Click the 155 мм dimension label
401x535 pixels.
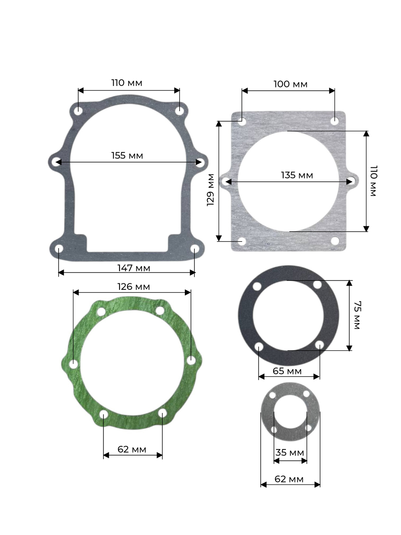(127, 156)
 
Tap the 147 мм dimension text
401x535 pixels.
(134, 268)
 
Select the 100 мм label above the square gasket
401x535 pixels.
(290, 84)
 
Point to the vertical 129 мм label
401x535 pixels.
(211, 189)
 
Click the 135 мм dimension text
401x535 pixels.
(297, 175)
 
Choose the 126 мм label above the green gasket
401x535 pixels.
(134, 287)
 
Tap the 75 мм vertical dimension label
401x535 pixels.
(357, 315)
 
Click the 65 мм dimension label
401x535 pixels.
(287, 371)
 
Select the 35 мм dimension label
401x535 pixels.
(290, 453)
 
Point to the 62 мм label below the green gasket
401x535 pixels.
(132, 449)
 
